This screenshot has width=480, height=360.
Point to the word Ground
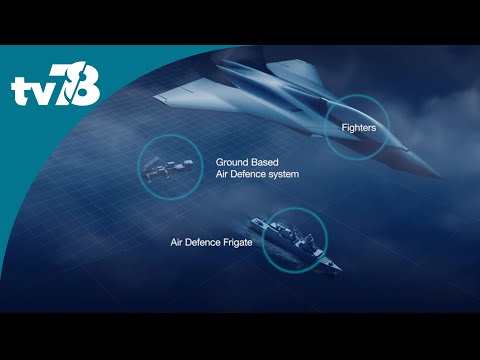click(234, 161)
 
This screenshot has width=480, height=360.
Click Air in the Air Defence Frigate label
click(176, 242)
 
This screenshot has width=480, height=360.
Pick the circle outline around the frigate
click(263, 240)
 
